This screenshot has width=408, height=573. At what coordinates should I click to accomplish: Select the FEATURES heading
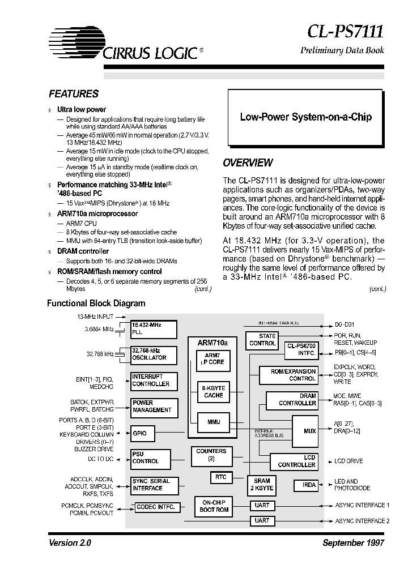click(x=74, y=94)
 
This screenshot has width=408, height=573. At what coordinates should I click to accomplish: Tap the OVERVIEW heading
click(x=248, y=163)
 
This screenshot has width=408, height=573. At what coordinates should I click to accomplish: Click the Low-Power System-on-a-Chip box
click(x=306, y=117)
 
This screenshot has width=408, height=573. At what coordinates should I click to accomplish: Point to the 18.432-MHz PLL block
click(x=154, y=330)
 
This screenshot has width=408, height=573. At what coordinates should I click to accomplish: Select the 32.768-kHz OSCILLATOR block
click(x=154, y=354)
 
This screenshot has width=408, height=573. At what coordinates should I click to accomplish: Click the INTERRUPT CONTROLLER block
click(x=154, y=380)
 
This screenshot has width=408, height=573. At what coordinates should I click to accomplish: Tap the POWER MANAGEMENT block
click(x=154, y=407)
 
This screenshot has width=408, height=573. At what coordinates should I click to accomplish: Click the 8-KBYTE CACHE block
click(x=214, y=392)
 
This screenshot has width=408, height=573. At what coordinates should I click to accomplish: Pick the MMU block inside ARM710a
click(x=214, y=422)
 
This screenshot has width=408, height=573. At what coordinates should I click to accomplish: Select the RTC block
click(x=221, y=477)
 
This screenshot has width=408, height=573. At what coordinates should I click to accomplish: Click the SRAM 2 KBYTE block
click(x=262, y=485)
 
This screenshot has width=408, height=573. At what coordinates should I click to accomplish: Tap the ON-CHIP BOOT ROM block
click(x=214, y=506)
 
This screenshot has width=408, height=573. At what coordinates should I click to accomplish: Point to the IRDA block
click(x=308, y=485)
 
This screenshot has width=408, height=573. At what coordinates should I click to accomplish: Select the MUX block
click(x=309, y=431)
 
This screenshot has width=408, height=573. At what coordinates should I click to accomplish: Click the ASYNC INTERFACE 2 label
click(x=362, y=521)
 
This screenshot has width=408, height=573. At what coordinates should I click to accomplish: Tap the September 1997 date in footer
click(x=353, y=542)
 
